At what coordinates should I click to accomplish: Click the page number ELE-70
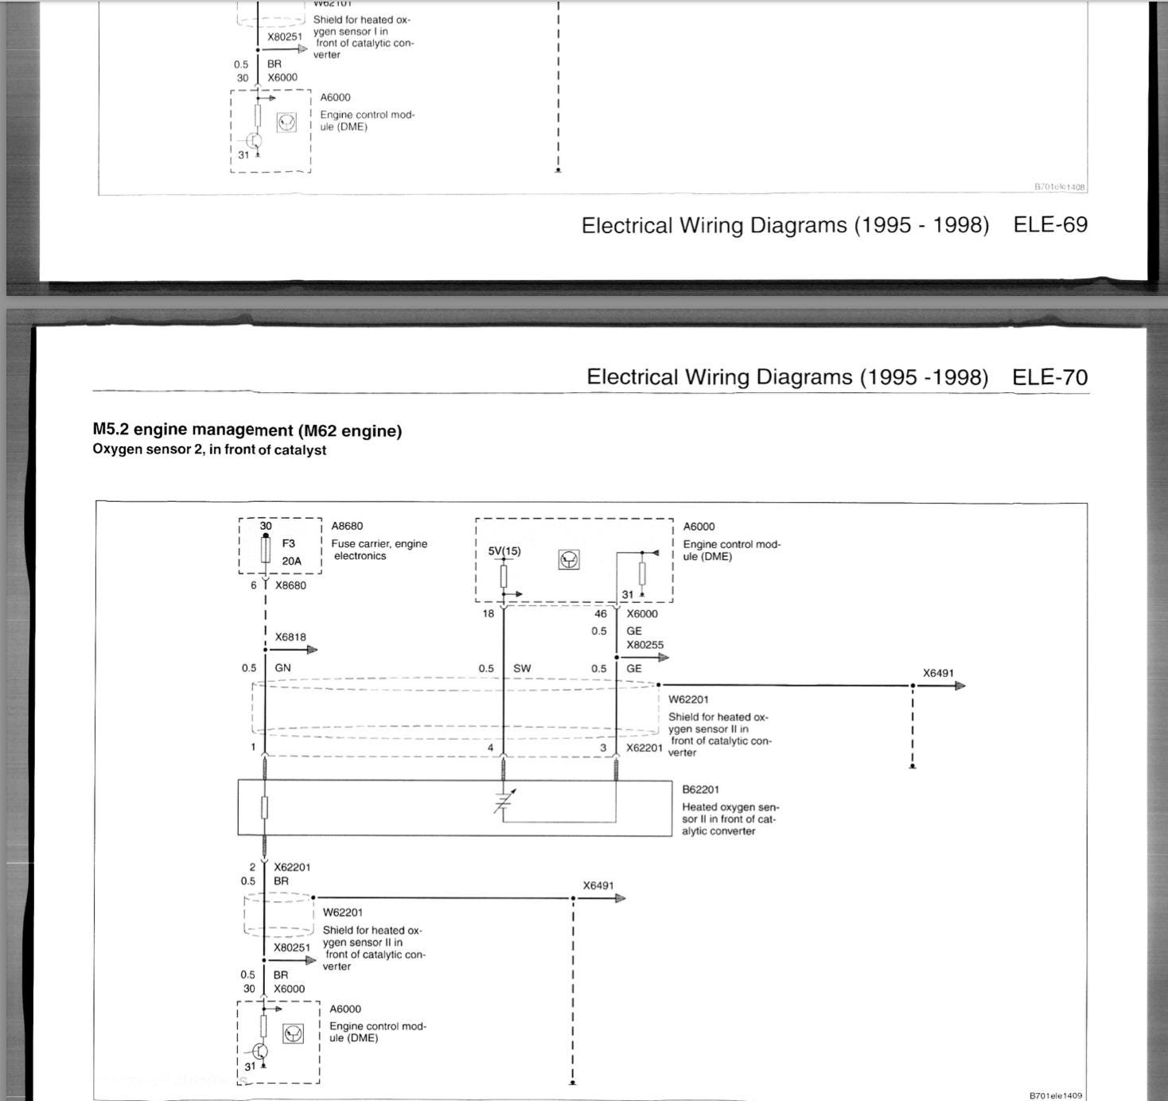coord(1049,377)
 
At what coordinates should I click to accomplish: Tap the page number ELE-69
coord(1050,225)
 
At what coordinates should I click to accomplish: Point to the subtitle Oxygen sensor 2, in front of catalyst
coord(209,449)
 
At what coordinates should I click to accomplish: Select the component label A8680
coord(347,526)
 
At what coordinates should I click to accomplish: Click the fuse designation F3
coord(288,543)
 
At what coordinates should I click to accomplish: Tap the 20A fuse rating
coord(291,561)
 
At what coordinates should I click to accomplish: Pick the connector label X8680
coord(290,586)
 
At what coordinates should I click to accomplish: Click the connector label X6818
coord(290,637)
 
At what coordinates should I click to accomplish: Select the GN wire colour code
coord(282,668)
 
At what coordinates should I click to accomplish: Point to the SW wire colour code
coord(522,668)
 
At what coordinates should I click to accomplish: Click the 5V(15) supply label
coord(504,551)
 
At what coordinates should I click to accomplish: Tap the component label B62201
coord(700,789)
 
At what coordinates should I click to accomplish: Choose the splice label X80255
coord(644,645)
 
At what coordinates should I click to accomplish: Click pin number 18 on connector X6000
coord(489,613)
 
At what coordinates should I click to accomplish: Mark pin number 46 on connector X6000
coord(601,613)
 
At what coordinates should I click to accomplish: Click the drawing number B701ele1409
coord(1056,1095)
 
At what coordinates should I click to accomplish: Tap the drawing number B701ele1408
coord(1059,187)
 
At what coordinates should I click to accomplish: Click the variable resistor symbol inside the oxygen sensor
coord(503,803)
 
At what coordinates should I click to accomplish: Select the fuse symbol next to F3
coord(265,550)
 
